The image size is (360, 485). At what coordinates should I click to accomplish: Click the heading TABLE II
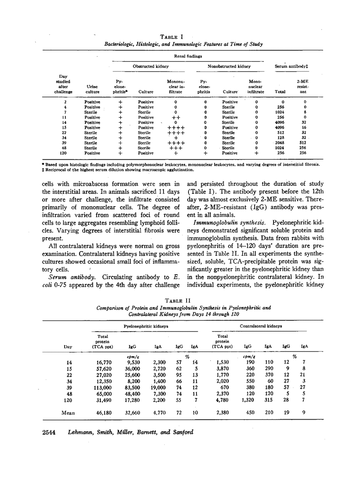[x=180, y=301]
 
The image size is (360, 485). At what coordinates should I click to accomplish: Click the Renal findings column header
[x=188, y=56]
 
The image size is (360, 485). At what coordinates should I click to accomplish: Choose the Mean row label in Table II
[x=68, y=413]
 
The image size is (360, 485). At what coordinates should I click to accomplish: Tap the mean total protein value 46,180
[x=103, y=413]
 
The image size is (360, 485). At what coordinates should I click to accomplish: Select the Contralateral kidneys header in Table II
[x=261, y=326]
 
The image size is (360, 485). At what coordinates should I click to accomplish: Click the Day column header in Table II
[x=68, y=347]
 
